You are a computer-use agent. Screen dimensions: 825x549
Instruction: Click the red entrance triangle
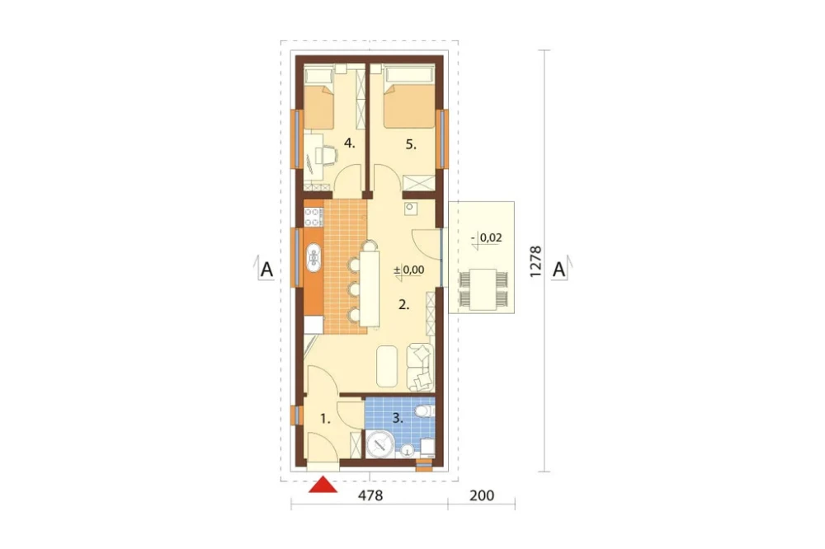click(x=323, y=485)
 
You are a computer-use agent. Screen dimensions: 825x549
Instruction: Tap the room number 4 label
click(x=349, y=143)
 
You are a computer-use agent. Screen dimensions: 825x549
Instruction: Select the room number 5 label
click(x=411, y=144)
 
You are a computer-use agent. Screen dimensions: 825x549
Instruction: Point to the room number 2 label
click(x=403, y=304)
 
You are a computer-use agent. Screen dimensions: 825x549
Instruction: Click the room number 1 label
click(x=325, y=419)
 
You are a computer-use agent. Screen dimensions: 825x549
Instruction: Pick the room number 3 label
click(x=398, y=419)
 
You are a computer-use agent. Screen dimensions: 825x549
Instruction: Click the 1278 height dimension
click(x=535, y=261)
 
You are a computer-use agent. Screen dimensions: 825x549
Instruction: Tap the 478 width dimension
click(x=370, y=495)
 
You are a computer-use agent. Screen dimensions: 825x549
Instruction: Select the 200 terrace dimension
click(x=482, y=495)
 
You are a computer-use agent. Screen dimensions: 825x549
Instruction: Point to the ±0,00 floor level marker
click(x=409, y=270)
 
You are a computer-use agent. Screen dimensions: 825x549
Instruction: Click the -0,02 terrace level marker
click(x=487, y=238)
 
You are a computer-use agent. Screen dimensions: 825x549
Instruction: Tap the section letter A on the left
click(x=266, y=270)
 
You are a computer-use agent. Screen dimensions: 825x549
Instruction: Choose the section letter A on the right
click(x=559, y=270)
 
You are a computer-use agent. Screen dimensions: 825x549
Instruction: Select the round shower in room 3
click(x=379, y=444)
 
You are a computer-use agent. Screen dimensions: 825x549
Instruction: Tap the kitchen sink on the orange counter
click(x=314, y=258)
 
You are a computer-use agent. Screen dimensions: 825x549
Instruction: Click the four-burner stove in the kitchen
click(x=313, y=217)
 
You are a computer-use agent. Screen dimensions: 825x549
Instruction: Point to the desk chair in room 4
click(x=326, y=155)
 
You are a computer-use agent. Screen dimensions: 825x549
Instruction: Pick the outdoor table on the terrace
click(x=483, y=289)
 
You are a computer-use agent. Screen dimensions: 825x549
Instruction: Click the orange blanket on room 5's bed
click(x=409, y=107)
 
